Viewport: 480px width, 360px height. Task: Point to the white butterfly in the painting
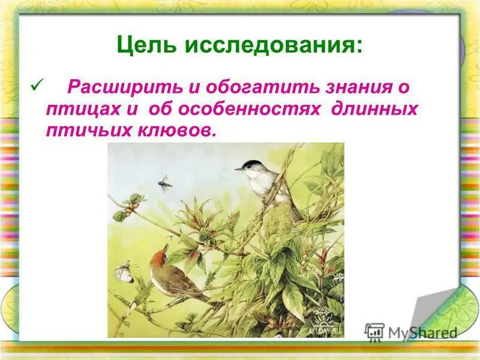[x=124, y=271]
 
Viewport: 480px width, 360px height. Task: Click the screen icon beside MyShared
[x=374, y=331]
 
